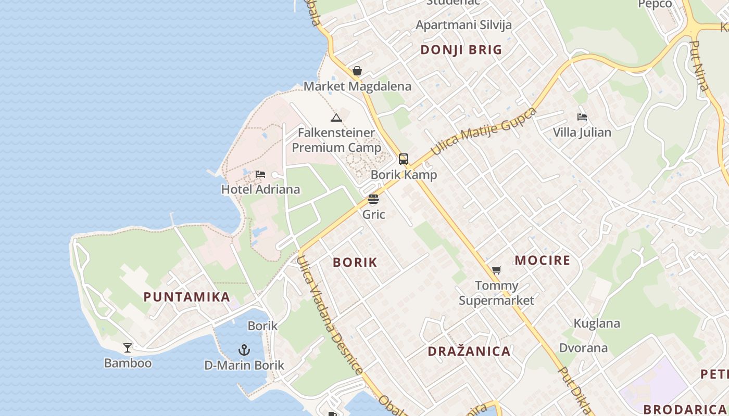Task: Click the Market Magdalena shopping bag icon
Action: tap(357, 71)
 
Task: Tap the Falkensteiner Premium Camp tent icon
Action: tap(336, 118)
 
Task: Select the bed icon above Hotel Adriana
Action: tap(260, 174)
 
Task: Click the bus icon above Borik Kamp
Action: tap(404, 159)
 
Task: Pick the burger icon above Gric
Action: tap(373, 199)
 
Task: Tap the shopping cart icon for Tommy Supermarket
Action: tap(496, 270)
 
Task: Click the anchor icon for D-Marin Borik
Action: tap(244, 349)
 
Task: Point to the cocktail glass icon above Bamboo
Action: tap(128, 347)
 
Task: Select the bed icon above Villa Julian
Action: tap(582, 117)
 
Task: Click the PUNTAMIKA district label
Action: tap(186, 297)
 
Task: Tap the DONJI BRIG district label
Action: tap(461, 50)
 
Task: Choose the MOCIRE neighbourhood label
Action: tap(543, 261)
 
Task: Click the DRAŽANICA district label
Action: tap(469, 352)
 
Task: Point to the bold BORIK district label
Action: tap(355, 262)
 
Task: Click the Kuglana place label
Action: tap(597, 323)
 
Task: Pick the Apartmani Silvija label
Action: tap(463, 25)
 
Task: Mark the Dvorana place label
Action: tap(583, 348)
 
